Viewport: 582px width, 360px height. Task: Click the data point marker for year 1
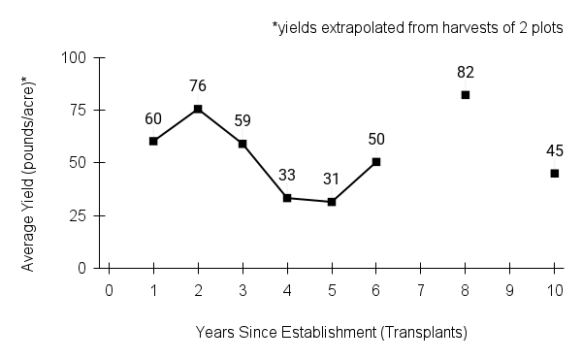(x=153, y=141)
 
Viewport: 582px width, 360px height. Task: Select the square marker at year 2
(x=198, y=109)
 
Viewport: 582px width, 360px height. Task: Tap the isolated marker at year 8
(x=466, y=95)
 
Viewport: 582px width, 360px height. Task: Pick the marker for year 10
(x=555, y=174)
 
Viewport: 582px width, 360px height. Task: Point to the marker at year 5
(x=332, y=202)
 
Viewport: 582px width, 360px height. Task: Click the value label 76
(x=198, y=86)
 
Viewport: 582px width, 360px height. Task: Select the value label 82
(x=466, y=72)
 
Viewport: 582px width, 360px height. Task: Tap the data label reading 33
(x=287, y=176)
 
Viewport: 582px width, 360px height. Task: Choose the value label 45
(x=555, y=150)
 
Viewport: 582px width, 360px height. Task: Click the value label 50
(x=376, y=139)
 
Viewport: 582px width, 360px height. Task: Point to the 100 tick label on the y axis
(x=77, y=58)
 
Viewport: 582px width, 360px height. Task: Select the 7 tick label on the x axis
(x=421, y=290)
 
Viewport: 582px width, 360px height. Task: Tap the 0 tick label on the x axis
(x=109, y=290)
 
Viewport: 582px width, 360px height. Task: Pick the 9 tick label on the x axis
(x=510, y=290)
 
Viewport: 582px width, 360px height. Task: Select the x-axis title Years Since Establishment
(x=332, y=332)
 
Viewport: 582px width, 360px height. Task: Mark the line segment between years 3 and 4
(x=265, y=171)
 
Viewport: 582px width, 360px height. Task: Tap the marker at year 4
(x=287, y=198)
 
